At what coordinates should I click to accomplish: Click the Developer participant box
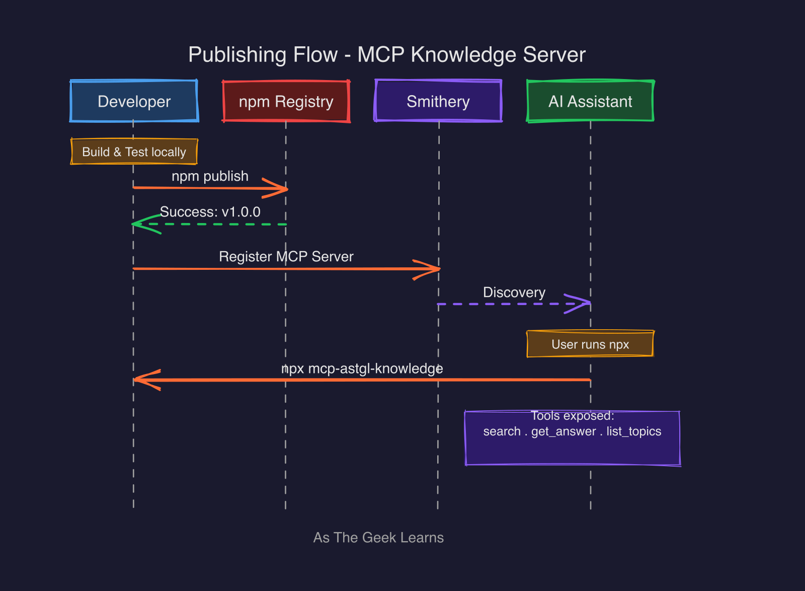click(134, 101)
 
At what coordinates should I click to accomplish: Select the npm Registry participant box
click(286, 101)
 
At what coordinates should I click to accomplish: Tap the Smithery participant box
click(438, 101)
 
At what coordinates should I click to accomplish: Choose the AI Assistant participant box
click(590, 101)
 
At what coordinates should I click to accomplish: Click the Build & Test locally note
click(134, 152)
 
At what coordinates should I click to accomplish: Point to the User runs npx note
click(590, 344)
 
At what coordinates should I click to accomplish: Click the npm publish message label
click(210, 176)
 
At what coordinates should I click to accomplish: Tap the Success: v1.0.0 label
click(210, 212)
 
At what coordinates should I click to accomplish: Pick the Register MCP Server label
click(286, 257)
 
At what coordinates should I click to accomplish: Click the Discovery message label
click(514, 292)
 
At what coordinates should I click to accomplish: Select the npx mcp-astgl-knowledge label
click(362, 368)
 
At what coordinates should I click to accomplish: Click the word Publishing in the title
click(263, 55)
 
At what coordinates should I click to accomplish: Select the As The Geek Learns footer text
click(378, 538)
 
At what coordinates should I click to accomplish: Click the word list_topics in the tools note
click(633, 431)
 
